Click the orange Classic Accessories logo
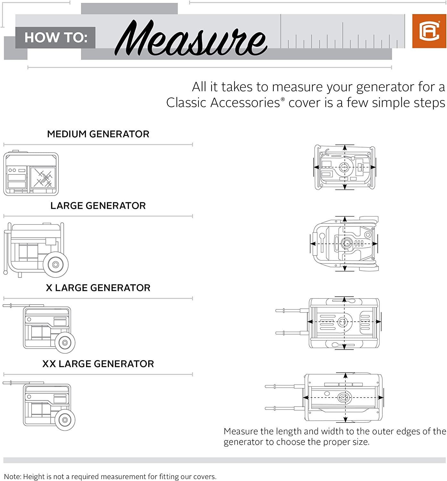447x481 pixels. (x=429, y=31)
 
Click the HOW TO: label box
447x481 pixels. (x=55, y=38)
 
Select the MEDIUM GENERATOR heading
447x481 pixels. (x=98, y=134)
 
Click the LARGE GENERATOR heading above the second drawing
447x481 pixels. (x=98, y=206)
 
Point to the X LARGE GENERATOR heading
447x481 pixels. (x=98, y=288)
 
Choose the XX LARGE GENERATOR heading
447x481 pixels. (x=98, y=364)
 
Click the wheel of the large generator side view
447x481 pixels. (x=55, y=265)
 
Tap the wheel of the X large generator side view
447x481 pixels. (x=65, y=342)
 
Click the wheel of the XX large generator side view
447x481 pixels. (x=65, y=420)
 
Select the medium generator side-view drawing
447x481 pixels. (x=31, y=173)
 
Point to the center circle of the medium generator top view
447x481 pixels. (x=344, y=167)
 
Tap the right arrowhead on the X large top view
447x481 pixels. (x=378, y=322)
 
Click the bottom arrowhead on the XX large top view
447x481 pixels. (x=345, y=419)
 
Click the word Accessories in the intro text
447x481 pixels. (x=245, y=102)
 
